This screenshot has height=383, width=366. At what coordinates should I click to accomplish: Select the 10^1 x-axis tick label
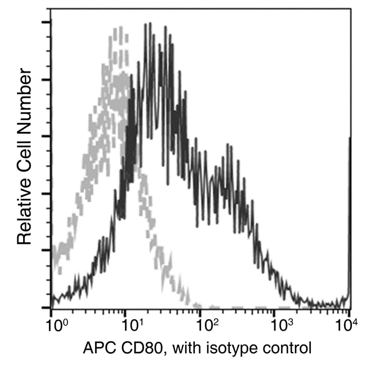point(131,326)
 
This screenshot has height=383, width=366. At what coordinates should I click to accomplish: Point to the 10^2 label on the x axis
point(206,326)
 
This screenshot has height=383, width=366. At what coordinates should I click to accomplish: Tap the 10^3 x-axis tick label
point(280,326)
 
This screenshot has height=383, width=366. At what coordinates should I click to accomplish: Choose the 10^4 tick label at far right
point(349,326)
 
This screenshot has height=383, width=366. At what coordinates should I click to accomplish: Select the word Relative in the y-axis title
point(24,211)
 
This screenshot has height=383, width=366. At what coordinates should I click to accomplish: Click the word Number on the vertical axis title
point(24,95)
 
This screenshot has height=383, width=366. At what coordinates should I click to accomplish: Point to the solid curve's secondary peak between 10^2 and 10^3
point(228,145)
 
